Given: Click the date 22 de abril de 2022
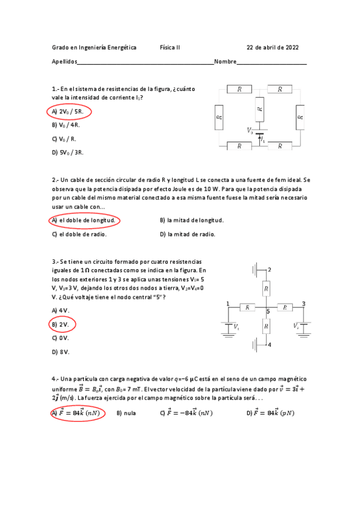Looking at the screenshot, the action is (272, 47).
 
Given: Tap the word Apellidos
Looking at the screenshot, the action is (65, 62).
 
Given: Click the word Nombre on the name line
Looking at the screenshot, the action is (225, 62).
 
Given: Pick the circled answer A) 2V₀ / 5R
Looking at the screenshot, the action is (68, 112).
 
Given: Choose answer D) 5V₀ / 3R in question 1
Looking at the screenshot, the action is (68, 152).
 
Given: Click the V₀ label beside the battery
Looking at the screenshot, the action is (250, 130).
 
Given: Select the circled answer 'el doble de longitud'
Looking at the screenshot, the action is (84, 220).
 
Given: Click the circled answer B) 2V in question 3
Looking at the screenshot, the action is (61, 324).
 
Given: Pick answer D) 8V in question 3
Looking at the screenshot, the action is (61, 352).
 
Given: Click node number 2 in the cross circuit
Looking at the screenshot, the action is (270, 269).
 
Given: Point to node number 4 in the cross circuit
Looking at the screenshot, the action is (270, 344).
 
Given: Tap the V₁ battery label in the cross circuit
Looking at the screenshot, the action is (236, 327).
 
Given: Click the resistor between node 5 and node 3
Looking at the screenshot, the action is (284, 307).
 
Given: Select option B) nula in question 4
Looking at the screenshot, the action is (126, 413).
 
